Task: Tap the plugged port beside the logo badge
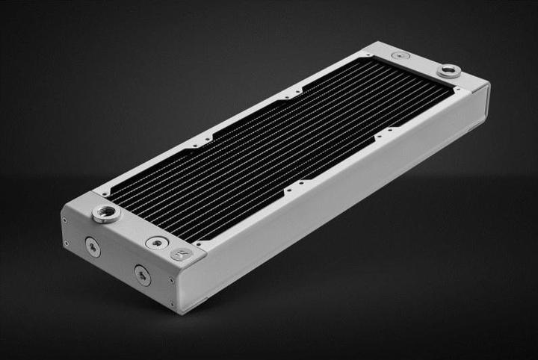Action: tap(157, 242)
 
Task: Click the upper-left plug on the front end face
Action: tap(92, 247)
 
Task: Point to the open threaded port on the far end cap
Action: tap(448, 71)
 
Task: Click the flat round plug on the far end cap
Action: tap(401, 55)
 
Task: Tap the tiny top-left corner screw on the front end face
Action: tap(65, 220)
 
